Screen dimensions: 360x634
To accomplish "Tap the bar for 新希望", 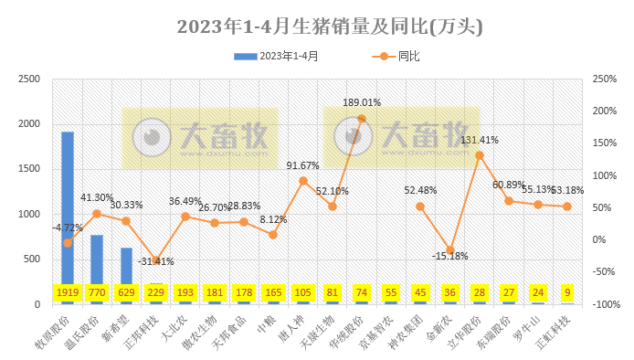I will (126, 265).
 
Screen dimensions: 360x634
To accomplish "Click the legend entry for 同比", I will (397, 57).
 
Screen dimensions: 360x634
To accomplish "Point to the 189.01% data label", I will (362, 102).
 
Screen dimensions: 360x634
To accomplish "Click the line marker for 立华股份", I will (480, 155).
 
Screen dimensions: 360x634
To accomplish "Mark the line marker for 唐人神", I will (303, 181).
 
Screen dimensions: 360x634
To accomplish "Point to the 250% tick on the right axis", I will (604, 79).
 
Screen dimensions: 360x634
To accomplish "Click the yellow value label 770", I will (97, 292).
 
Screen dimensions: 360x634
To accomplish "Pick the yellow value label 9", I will (567, 292).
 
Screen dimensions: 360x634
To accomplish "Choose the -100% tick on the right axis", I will (606, 304).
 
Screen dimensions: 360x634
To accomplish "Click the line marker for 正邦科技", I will (155, 260).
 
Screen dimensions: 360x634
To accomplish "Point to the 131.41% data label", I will (480, 140).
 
